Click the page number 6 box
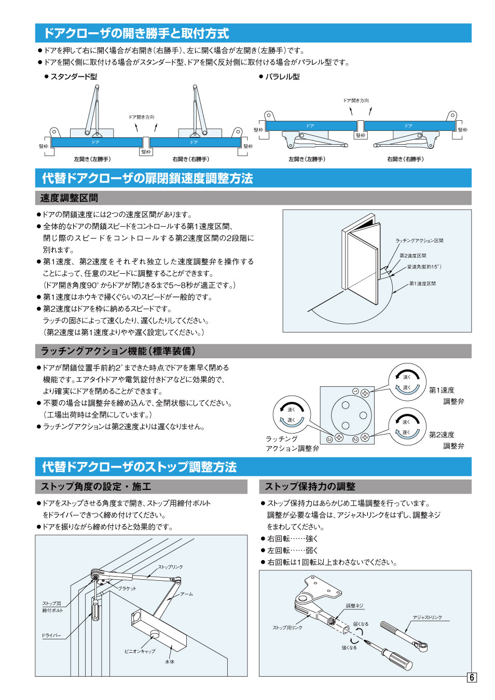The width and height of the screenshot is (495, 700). pos(472,677)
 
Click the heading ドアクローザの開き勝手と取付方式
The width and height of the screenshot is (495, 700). pos(136,33)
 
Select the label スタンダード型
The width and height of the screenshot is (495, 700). pos(73,77)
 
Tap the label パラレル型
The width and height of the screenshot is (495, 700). pos(282,77)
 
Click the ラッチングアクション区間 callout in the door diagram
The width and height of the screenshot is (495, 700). pos(419,241)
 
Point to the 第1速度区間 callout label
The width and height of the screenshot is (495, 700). pos(422,284)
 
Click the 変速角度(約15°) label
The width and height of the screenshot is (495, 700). pos(424,267)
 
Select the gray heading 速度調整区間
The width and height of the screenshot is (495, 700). pos(69,198)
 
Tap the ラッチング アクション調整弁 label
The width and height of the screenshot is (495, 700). pos(292,443)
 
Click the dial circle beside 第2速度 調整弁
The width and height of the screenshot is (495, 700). pos(407,427)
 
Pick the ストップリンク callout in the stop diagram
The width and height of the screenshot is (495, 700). pos(170,567)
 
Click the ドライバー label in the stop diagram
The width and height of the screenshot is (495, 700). pos(51,635)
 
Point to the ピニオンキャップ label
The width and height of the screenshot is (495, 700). pos(140,651)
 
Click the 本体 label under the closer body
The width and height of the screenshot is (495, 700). pos(170,662)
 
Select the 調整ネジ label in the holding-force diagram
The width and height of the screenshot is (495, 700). pos(355,606)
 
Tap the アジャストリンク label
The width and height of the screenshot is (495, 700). pos(427,617)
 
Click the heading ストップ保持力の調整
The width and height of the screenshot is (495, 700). pos(310,486)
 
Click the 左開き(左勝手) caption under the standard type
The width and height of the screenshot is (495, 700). pos(92,159)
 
